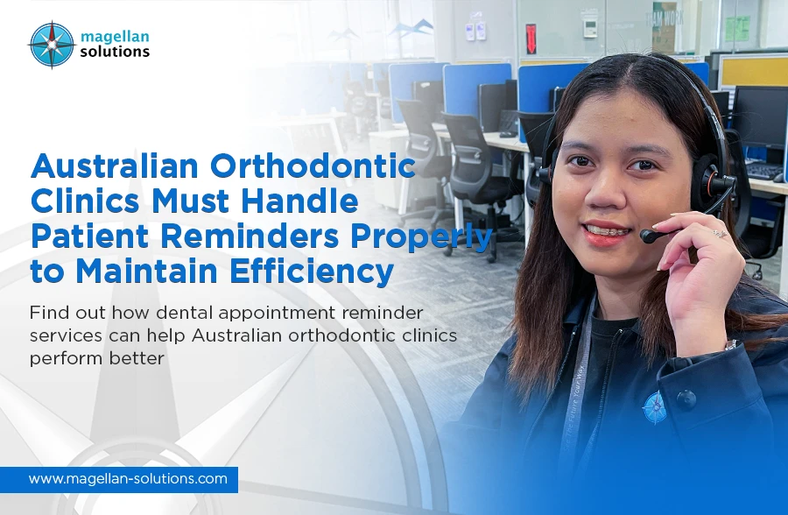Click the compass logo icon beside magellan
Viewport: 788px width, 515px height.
pyautogui.click(x=51, y=44)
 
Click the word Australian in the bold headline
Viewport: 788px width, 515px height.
pyautogui.click(x=117, y=166)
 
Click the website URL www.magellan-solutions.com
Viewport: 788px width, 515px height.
pyautogui.click(x=128, y=479)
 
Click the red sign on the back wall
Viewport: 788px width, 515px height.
pyautogui.click(x=531, y=39)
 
